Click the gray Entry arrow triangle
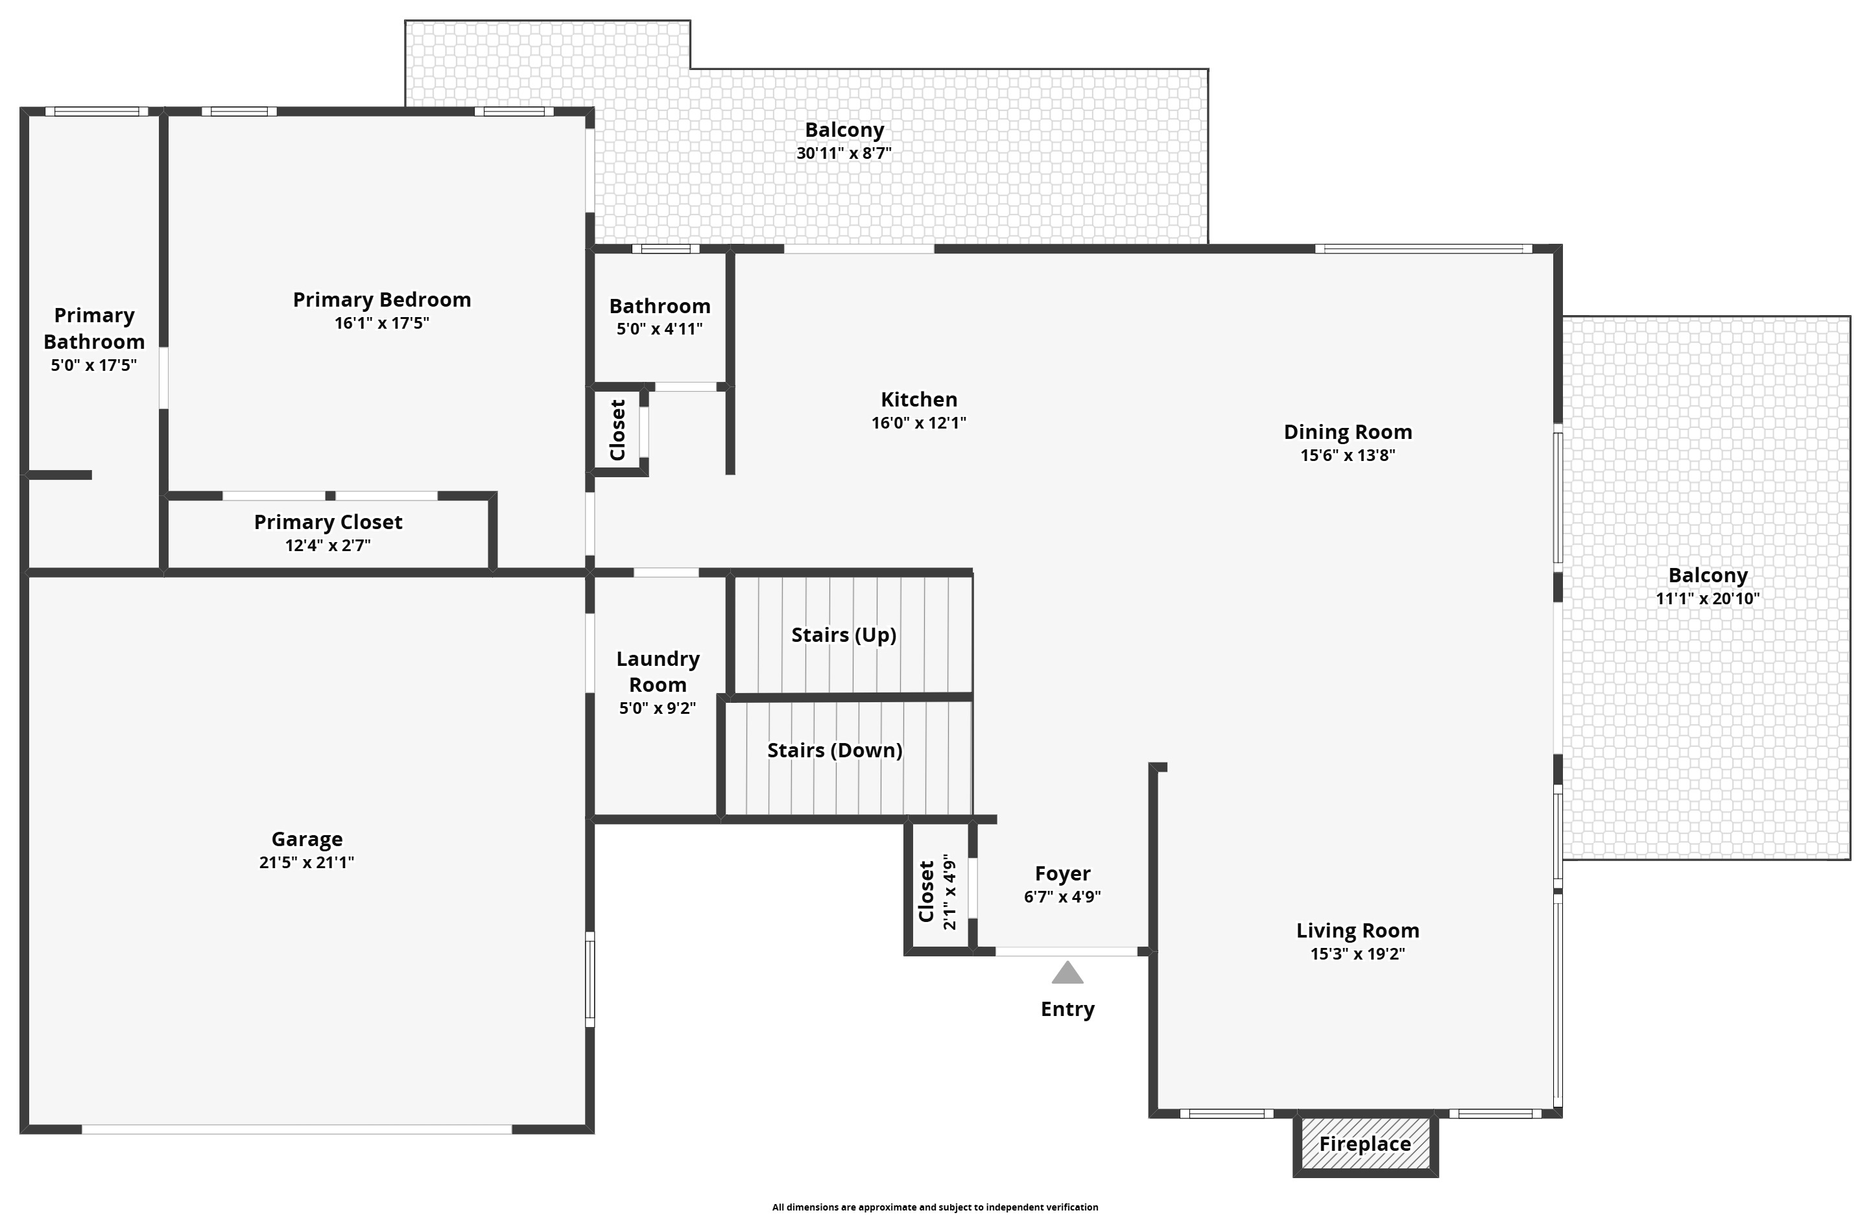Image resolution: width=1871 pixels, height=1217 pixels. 1067,973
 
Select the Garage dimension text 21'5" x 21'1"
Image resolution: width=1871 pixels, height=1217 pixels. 307,862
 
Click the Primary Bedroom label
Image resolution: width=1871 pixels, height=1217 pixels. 382,300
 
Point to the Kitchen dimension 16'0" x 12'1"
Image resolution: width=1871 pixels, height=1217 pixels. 919,423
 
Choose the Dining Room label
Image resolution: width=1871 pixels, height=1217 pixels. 1348,432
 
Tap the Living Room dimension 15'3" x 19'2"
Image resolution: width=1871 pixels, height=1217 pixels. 1357,954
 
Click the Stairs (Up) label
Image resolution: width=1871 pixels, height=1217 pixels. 844,635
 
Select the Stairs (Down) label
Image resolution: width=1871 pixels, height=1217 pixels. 835,751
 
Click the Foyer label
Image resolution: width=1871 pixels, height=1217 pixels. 1063,873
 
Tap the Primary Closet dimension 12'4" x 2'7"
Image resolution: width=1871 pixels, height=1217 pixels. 328,545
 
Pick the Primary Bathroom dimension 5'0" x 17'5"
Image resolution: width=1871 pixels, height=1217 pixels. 94,366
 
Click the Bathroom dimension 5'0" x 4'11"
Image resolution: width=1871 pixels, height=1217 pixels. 660,329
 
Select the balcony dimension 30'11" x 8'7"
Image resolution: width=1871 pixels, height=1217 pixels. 844,153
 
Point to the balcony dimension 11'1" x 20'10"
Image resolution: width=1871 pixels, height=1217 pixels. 1708,599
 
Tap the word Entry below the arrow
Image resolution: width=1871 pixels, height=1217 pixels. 1067,1010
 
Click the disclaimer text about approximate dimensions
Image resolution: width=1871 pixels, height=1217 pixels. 935,1207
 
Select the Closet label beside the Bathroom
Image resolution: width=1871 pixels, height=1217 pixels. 618,430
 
